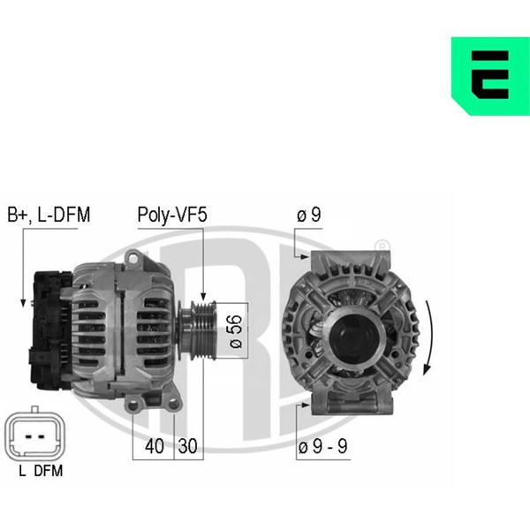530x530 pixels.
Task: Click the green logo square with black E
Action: [x=490, y=76]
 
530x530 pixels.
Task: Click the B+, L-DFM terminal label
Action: [x=49, y=215]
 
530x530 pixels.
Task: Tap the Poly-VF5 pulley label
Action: [x=172, y=216]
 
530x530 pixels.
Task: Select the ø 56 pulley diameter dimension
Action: [x=236, y=331]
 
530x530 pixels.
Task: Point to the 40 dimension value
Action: [x=154, y=446]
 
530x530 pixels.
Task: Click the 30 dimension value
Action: [x=187, y=446]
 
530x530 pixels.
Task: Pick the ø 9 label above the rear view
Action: [x=309, y=215]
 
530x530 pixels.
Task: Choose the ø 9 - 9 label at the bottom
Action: [x=322, y=446]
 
